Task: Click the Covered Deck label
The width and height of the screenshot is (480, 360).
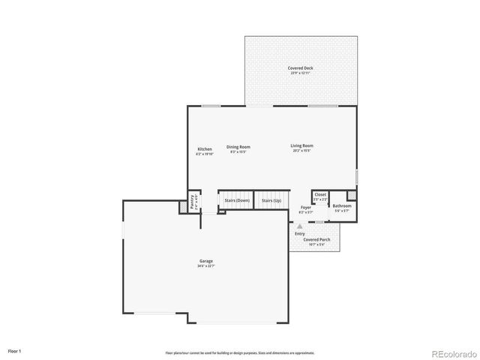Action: coord(301,68)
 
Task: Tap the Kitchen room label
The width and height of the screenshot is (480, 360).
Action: coord(205,148)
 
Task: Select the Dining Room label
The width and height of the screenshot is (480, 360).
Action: coord(238,146)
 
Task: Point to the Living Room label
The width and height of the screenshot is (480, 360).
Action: coord(301,145)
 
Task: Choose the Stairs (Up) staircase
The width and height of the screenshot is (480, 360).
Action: coord(271,201)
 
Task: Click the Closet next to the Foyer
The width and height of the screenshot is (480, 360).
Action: coord(320,195)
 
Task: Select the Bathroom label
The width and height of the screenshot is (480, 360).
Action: coord(342,205)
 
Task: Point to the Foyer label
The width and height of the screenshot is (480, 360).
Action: coord(306,208)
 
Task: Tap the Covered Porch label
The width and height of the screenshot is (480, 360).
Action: coord(316,239)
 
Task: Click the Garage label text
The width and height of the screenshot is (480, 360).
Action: coord(205,261)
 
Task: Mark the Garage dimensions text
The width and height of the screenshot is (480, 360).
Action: coord(205,265)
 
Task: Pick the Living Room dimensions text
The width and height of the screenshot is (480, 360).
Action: coord(301,151)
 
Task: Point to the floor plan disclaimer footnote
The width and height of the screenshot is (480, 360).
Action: coord(240,352)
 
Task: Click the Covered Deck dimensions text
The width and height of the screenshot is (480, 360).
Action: coord(301,73)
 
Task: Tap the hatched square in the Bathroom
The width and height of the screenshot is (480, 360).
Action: coord(352,196)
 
